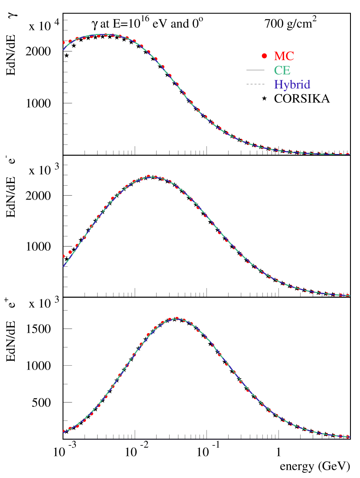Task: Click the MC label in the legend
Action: (x=284, y=56)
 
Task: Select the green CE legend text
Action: (x=282, y=70)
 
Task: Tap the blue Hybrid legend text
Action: (x=292, y=85)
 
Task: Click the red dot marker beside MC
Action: (x=264, y=56)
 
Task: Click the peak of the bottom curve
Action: (x=177, y=319)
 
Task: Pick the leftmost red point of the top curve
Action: (x=63, y=43)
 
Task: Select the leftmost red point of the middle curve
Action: (x=63, y=256)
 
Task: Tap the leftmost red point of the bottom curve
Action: (x=63, y=431)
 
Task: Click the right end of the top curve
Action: (x=349, y=154)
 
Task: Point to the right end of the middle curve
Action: (x=349, y=295)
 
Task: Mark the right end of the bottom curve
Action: (x=349, y=437)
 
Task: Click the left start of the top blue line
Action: (x=63, y=49)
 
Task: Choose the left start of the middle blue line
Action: (x=63, y=266)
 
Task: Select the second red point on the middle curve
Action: (x=70, y=252)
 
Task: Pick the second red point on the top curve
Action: (x=70, y=41)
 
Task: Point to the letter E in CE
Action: (x=287, y=70)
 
